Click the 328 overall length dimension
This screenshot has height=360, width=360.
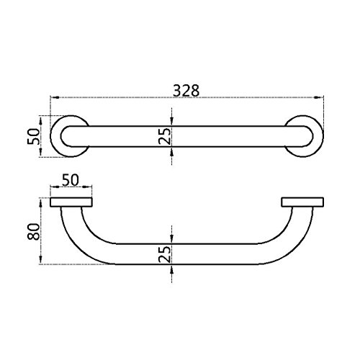(186, 91)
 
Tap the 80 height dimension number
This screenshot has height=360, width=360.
(34, 231)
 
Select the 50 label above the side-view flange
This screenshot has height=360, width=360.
(71, 180)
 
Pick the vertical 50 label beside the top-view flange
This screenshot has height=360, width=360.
(33, 136)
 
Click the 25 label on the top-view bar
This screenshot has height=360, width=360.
(165, 136)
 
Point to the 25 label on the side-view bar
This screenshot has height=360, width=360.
(165, 254)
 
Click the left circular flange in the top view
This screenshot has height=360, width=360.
(53, 136)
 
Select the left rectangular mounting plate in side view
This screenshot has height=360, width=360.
(71, 202)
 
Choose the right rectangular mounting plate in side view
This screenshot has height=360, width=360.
(302, 202)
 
